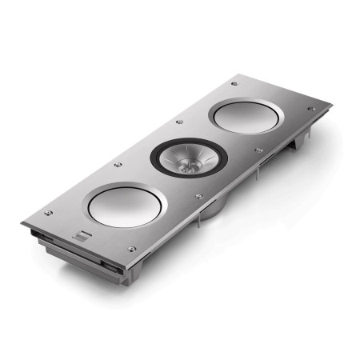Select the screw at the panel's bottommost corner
pyautogui.click(x=133, y=250)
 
